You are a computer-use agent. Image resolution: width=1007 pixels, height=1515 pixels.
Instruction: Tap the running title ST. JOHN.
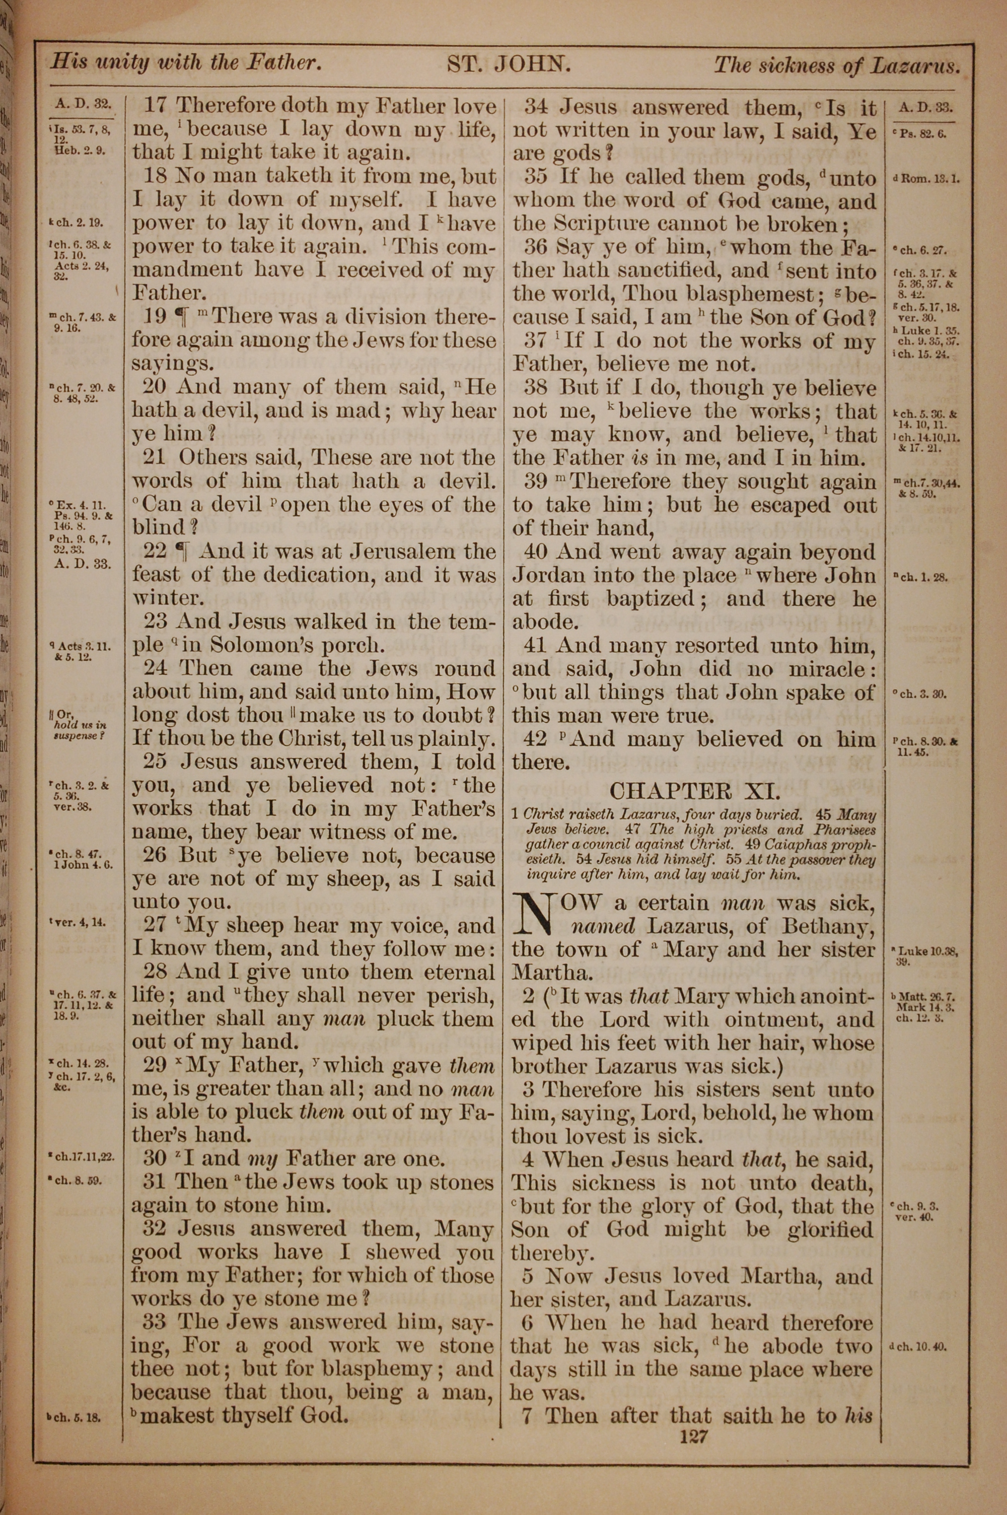(508, 65)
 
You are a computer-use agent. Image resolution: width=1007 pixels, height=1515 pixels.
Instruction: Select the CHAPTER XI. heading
(695, 790)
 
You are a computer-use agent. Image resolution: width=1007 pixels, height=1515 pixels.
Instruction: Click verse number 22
(155, 551)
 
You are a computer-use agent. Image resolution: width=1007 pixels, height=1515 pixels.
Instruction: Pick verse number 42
(536, 739)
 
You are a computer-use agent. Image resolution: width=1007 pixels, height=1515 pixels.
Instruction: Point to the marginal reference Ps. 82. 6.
(923, 133)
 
